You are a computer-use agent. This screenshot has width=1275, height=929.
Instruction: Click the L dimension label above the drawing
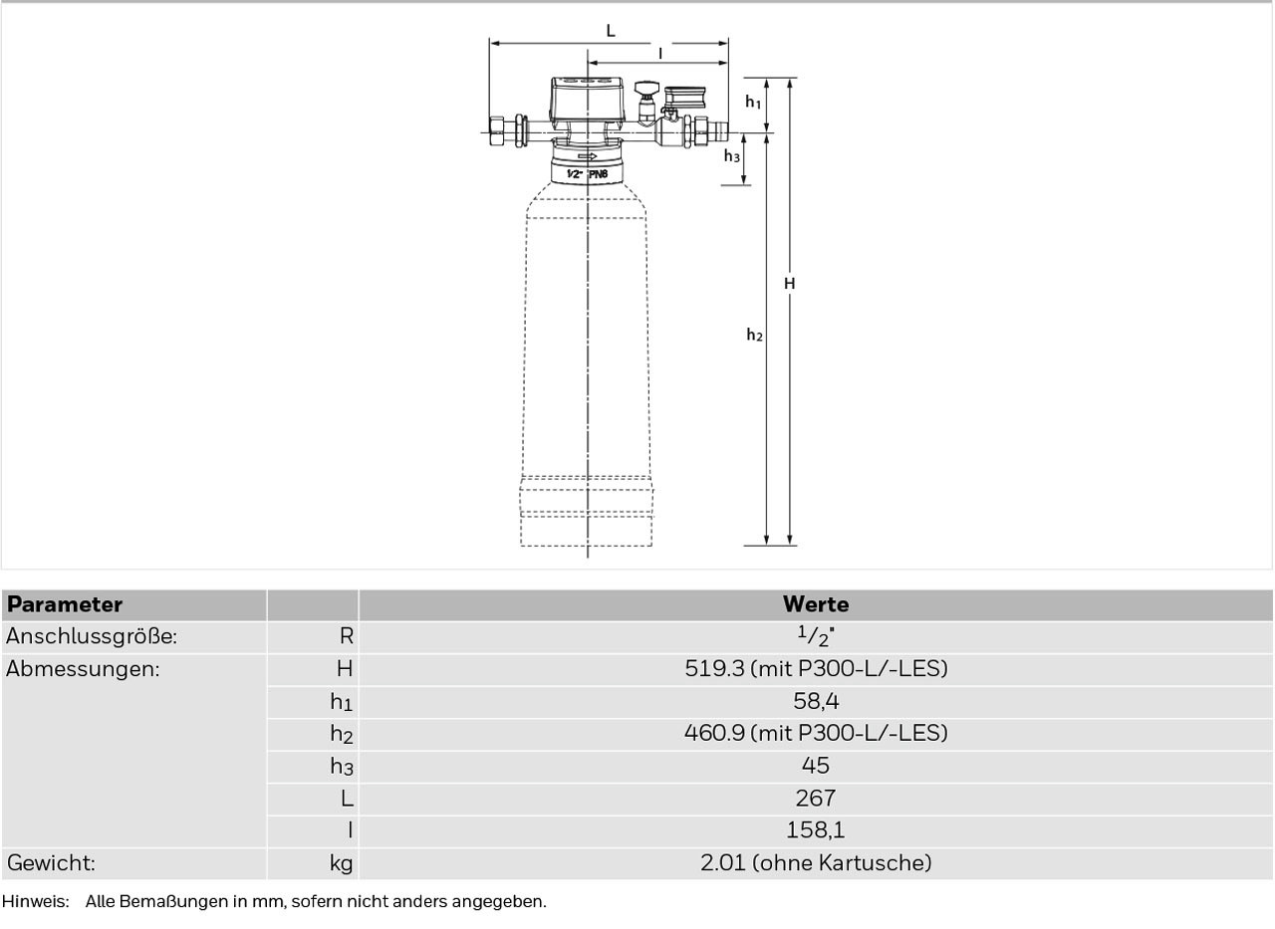click(611, 30)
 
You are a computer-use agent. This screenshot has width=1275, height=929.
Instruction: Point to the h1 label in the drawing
click(753, 102)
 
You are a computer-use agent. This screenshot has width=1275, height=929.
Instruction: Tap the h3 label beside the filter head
click(732, 155)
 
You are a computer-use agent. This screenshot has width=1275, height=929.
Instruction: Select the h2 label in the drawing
click(754, 335)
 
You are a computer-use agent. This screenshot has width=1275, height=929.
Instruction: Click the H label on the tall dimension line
click(790, 284)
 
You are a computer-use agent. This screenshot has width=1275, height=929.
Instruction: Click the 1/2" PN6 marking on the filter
click(588, 174)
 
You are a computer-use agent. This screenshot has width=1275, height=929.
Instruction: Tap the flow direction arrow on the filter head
click(588, 156)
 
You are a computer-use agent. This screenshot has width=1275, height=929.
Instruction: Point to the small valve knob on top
click(646, 89)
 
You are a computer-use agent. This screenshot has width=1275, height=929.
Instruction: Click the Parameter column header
click(65, 604)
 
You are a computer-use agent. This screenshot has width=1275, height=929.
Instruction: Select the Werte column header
click(816, 604)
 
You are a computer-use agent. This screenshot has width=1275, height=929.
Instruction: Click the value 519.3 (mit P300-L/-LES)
click(816, 668)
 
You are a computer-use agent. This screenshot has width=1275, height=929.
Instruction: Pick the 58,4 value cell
click(816, 701)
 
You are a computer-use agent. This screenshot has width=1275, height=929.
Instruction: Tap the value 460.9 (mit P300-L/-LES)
click(816, 733)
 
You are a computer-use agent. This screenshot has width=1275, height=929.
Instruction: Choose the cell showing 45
click(816, 765)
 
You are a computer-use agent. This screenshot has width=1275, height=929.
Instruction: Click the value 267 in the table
click(816, 799)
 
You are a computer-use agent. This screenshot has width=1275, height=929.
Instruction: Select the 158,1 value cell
click(816, 830)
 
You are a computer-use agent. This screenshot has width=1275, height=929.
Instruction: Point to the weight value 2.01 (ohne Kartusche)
click(816, 863)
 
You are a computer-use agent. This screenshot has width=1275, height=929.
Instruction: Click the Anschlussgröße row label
click(92, 636)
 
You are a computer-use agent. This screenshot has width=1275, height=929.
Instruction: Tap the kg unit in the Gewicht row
click(341, 863)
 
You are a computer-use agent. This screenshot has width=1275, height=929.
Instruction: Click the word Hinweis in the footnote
click(35, 902)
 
